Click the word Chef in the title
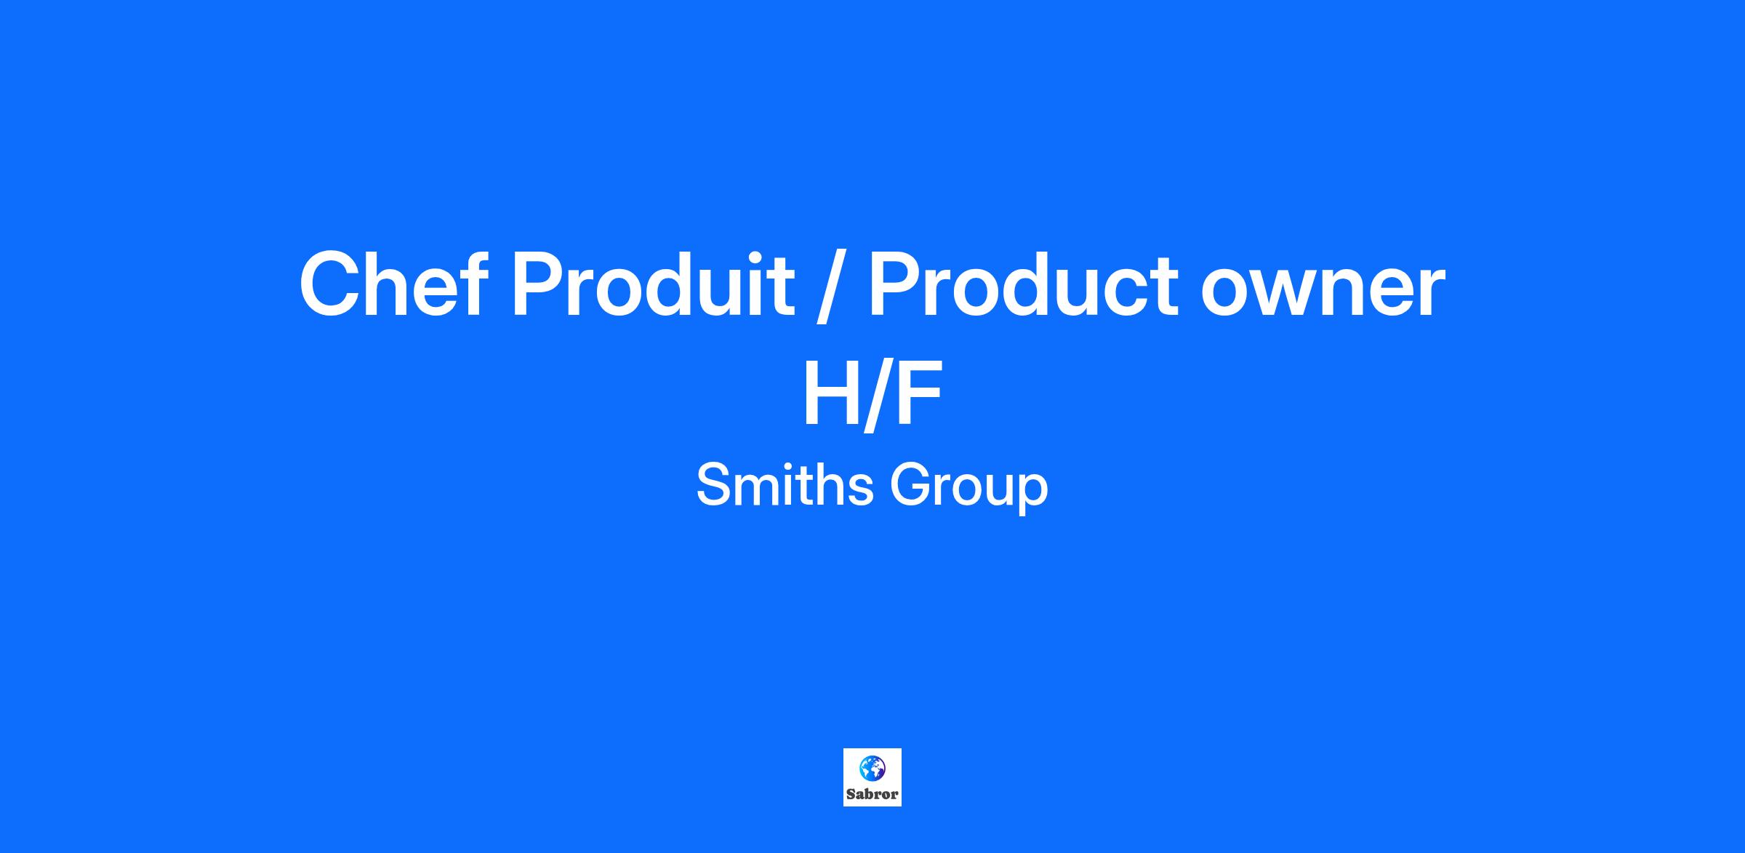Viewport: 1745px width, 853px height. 393,284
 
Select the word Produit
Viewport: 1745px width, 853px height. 653,284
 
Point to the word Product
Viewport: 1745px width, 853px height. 1022,284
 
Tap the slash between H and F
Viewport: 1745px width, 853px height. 875,396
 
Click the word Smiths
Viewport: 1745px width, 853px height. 785,485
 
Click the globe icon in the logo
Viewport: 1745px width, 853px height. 872,767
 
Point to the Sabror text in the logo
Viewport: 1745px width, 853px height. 872,794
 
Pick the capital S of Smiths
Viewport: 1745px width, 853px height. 714,485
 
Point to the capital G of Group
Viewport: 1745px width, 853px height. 910,485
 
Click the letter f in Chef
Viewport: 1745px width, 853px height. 475,284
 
